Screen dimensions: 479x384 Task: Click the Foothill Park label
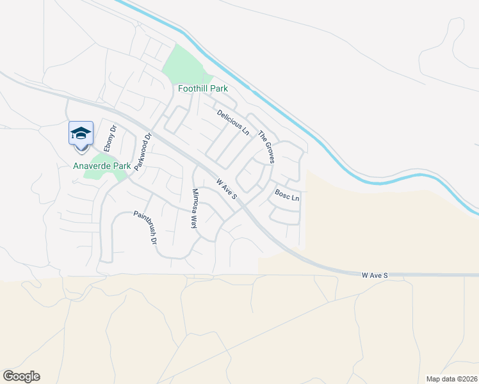203,89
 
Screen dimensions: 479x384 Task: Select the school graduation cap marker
81,134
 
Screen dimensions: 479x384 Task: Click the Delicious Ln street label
233,122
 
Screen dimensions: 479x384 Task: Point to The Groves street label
266,147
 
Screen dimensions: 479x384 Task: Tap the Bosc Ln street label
287,195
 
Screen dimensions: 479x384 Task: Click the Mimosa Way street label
193,209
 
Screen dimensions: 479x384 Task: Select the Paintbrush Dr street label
145,228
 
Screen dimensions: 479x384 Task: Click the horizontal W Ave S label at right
375,275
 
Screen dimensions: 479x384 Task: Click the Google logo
21,376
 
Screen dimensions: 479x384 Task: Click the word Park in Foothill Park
220,89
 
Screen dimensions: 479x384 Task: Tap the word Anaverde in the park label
92,166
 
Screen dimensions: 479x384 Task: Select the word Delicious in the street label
229,118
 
